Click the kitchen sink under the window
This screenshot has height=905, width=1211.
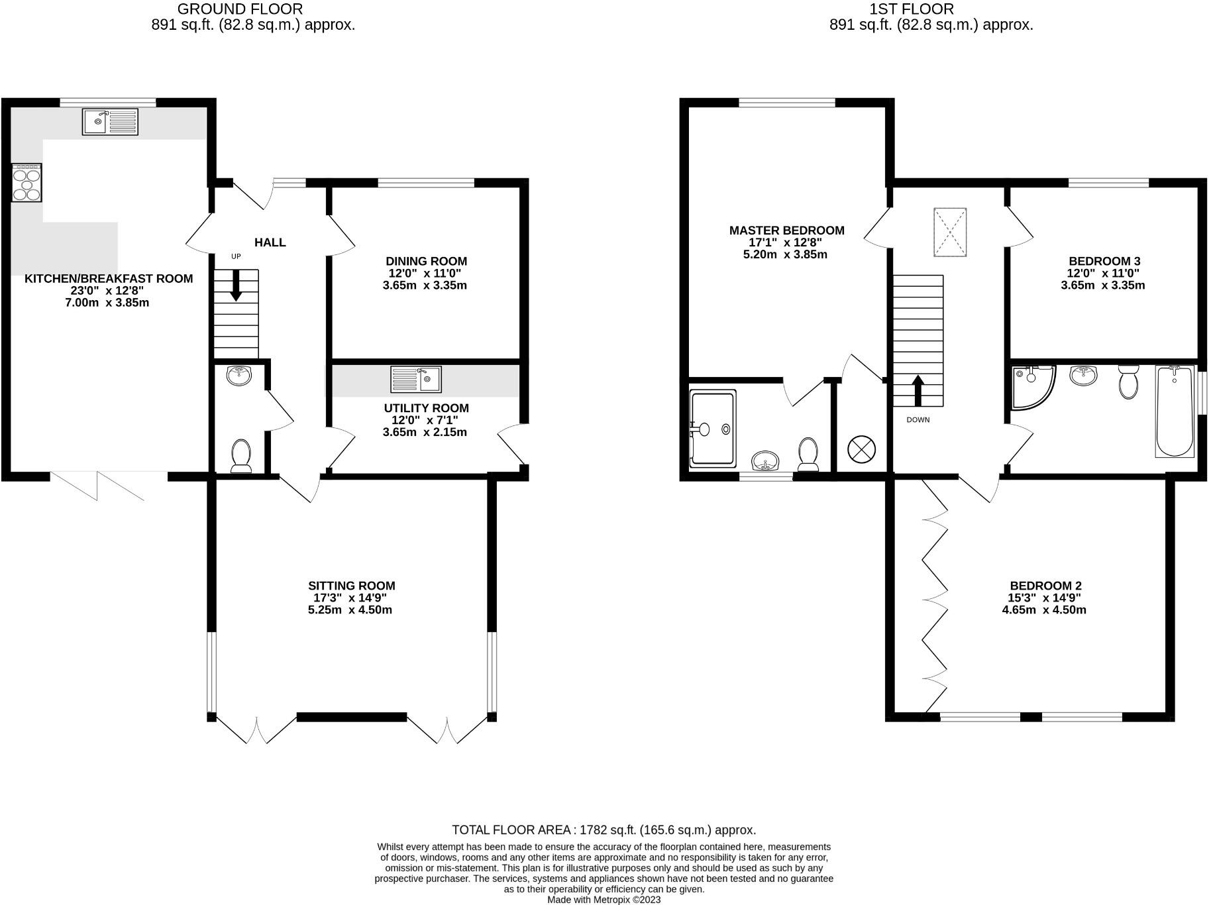[110, 122]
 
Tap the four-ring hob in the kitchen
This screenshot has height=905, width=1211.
[26, 183]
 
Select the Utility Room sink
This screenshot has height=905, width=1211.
[416, 379]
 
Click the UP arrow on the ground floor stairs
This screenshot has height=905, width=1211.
[236, 286]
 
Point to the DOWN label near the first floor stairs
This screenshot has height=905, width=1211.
[918, 420]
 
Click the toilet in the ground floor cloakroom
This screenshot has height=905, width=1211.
[241, 456]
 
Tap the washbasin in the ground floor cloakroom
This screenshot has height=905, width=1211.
[238, 376]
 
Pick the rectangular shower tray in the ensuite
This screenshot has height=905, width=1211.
[713, 429]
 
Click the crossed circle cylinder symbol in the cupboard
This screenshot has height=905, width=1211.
[861, 449]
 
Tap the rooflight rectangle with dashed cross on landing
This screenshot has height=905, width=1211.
[950, 233]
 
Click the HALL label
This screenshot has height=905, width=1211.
[270, 242]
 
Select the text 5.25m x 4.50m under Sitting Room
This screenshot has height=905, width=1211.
[350, 610]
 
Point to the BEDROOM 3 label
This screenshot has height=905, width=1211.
[1104, 261]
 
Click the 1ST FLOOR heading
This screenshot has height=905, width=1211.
[912, 9]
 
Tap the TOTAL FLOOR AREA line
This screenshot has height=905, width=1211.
[604, 829]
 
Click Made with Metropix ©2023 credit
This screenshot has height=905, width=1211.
[604, 900]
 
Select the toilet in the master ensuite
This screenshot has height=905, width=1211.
[808, 452]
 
